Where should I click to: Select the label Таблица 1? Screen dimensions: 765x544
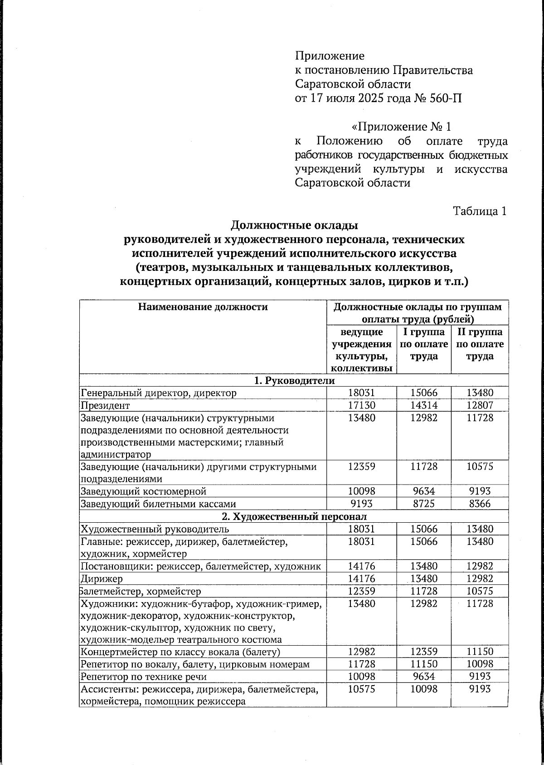pos(480,211)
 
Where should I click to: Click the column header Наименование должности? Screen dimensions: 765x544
pos(203,307)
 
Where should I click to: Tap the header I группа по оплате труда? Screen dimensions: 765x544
pos(424,344)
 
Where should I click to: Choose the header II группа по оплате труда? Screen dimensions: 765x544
pos(480,344)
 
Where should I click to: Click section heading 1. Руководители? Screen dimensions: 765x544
pos(294,380)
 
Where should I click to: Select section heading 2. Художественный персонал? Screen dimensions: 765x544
pos(294,516)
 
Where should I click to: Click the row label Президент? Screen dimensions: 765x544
pos(105,405)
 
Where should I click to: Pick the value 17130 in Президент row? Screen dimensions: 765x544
pos(362,405)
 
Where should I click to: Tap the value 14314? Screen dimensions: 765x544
pos(424,405)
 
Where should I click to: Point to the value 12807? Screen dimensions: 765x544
pos(480,405)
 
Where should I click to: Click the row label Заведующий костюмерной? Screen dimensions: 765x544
pos(143,491)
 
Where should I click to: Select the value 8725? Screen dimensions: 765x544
pos(424,504)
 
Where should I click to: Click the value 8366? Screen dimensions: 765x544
pos(480,504)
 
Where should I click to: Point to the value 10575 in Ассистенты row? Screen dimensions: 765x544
pos(362,689)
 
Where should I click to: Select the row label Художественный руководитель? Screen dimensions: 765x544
pos(155,529)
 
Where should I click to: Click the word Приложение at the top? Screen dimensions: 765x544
pos(330,56)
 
